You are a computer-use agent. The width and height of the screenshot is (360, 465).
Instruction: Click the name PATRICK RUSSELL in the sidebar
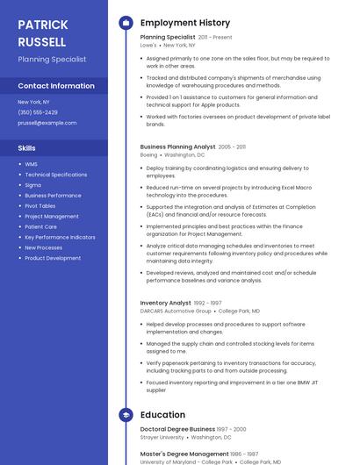pyautogui.click(x=41, y=33)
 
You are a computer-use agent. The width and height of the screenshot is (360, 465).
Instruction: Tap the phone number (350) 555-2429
pyautogui.click(x=38, y=112)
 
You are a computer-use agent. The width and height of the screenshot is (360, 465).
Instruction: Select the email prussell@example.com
pyautogui.click(x=47, y=123)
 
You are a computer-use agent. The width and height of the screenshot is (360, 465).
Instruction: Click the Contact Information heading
pyautogui.click(x=56, y=86)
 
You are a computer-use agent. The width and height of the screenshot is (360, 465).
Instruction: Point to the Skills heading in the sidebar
pyautogui.click(x=27, y=148)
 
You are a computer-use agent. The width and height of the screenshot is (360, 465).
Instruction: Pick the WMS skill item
pyautogui.click(x=31, y=164)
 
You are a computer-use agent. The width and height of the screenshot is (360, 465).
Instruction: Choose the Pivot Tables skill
pyautogui.click(x=40, y=205)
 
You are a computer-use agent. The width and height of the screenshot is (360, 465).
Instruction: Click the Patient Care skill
pyautogui.click(x=40, y=226)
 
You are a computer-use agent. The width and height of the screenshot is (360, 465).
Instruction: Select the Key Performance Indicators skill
pyautogui.click(x=60, y=237)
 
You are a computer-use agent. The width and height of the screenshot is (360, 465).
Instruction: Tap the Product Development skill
pyautogui.click(x=53, y=258)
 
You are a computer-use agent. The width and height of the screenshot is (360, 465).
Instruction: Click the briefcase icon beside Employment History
pyautogui.click(x=126, y=23)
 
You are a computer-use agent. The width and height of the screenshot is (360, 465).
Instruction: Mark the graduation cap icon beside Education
pyautogui.click(x=126, y=415)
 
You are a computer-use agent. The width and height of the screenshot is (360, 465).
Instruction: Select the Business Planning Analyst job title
pyautogui.click(x=177, y=147)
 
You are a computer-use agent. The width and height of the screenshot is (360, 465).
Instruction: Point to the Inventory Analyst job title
pyautogui.click(x=165, y=303)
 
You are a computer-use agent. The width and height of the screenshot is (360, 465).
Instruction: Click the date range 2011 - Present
pyautogui.click(x=215, y=38)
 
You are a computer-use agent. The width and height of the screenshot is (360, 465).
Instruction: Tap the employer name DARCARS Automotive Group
pyautogui.click(x=176, y=311)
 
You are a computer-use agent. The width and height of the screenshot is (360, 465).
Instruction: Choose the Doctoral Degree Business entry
pyautogui.click(x=177, y=429)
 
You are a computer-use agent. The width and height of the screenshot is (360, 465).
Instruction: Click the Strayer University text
pyautogui.click(x=162, y=437)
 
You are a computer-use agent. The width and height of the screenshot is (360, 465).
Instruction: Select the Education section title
pyautogui.click(x=162, y=415)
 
